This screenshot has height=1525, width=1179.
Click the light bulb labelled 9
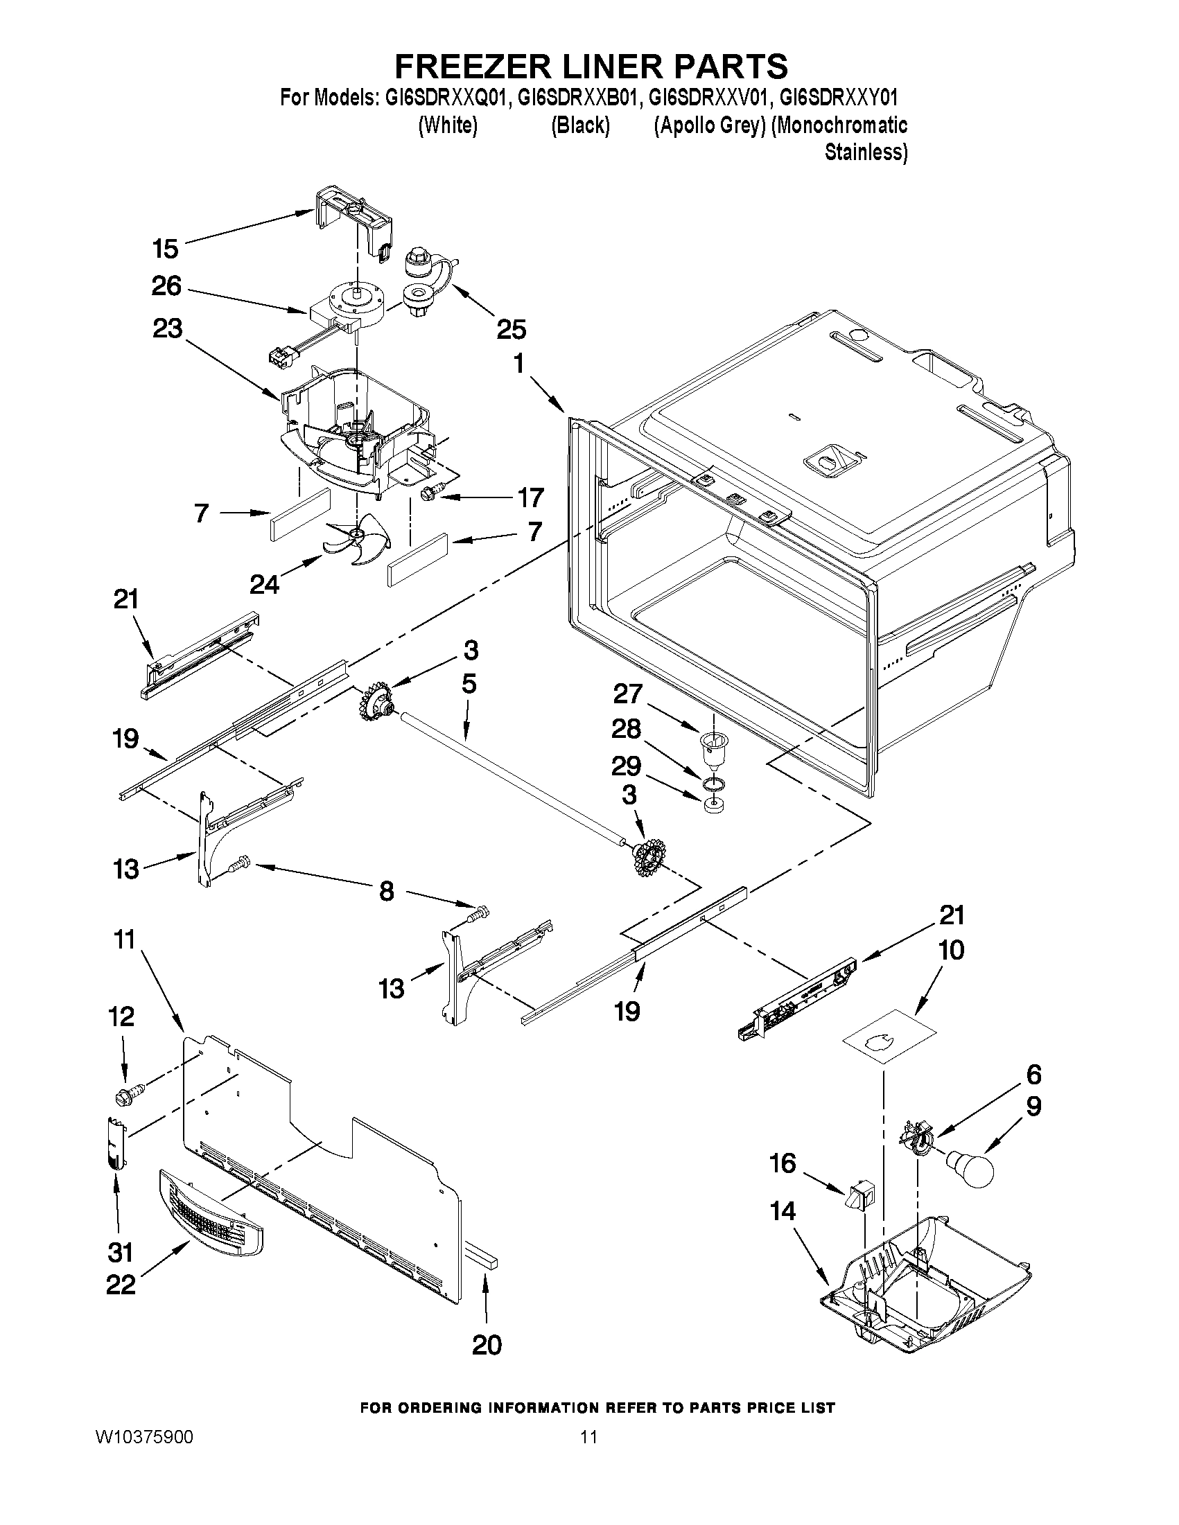click(x=972, y=1170)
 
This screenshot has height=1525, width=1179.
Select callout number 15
click(x=166, y=248)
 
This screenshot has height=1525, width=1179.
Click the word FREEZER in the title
click(x=475, y=66)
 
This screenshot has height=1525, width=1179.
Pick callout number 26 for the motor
click(x=166, y=286)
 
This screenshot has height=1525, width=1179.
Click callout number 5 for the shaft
click(x=469, y=685)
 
